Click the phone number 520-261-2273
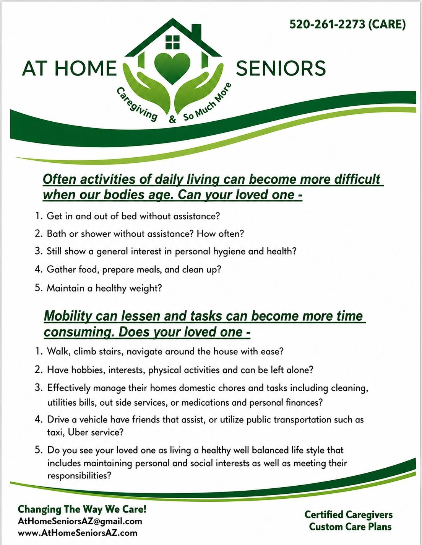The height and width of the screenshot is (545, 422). [327, 24]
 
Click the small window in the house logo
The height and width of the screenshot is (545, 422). [172, 42]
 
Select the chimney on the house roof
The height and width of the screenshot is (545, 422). [196, 33]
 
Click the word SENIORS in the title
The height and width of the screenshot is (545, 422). [281, 68]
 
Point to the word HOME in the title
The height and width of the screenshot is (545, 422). [86, 68]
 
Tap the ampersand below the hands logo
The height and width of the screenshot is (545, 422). [172, 119]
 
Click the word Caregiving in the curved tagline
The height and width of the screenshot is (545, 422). [137, 104]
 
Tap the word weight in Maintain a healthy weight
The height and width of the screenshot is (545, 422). [145, 288]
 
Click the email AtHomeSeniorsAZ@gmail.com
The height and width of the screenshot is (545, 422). [80, 521]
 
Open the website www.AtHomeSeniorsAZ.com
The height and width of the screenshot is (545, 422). [77, 533]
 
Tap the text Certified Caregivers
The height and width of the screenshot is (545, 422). [348, 515]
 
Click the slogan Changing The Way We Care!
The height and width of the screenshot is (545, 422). [82, 509]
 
